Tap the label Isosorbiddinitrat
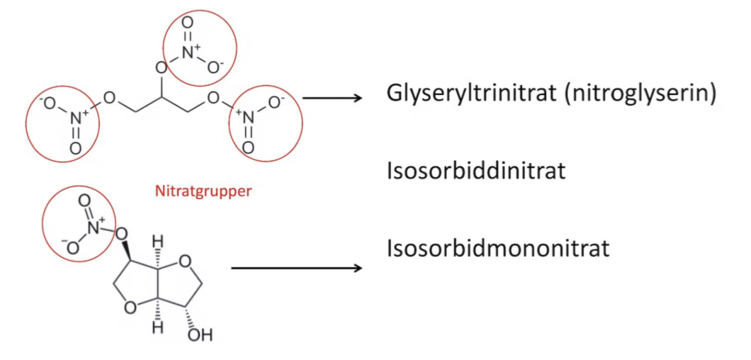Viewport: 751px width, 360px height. coord(476,171)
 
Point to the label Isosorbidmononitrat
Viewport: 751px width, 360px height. coord(498,249)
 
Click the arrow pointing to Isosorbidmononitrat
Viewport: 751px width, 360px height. coord(296,268)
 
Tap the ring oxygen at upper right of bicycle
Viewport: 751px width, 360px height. coord(186,262)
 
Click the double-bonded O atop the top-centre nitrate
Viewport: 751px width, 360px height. coord(187,21)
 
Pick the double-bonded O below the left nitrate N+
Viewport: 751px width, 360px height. coord(75,149)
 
